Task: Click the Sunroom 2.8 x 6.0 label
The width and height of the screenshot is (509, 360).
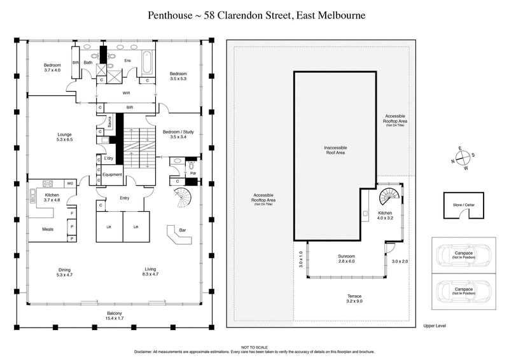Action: click(345, 259)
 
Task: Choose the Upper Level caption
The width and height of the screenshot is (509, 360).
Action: click(435, 325)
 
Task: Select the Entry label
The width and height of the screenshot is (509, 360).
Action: click(125, 198)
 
